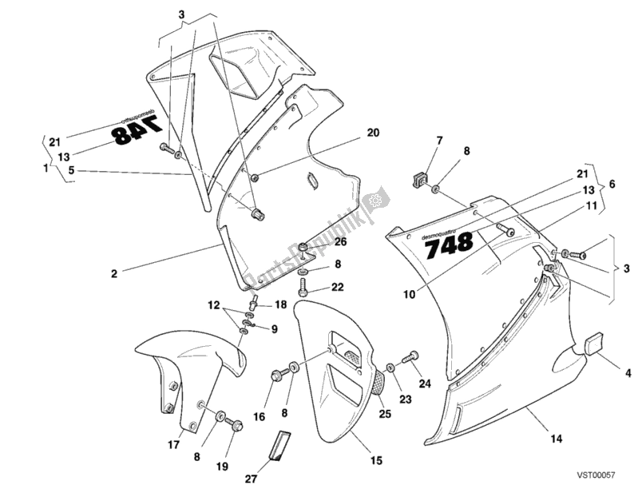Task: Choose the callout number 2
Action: [114, 273]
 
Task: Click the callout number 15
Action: [376, 460]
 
